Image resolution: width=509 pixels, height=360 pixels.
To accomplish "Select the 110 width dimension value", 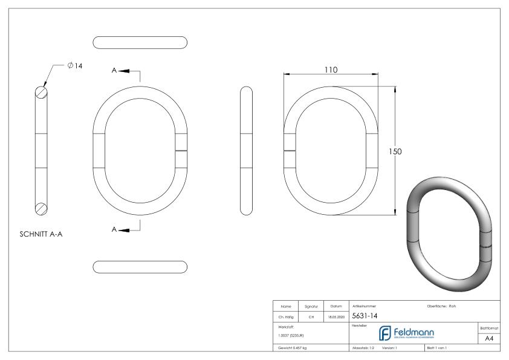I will [x=331, y=70].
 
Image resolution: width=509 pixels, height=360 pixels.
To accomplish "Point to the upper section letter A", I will [x=114, y=71].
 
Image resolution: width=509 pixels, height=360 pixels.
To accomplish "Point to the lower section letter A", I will [x=114, y=230].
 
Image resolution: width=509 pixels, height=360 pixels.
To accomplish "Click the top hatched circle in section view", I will [x=41, y=92].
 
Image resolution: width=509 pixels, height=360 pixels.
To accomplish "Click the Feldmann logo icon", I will [x=384, y=333].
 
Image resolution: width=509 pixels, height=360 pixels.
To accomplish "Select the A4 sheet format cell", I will [x=488, y=339].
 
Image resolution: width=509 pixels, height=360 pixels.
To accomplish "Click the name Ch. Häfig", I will [x=285, y=316].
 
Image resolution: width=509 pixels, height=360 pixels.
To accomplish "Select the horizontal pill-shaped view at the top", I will [x=140, y=42].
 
